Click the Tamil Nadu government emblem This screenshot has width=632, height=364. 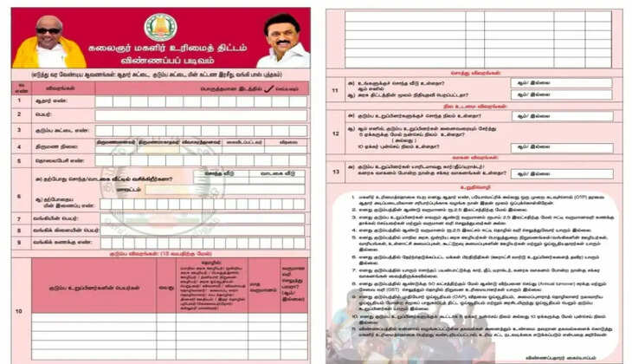coord(159,28)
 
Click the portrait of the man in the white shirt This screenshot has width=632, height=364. coord(282,38)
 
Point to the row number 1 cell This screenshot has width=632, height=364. coord(19,101)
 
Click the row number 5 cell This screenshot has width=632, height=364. coord(19,160)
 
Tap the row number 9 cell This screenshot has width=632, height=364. coord(19,243)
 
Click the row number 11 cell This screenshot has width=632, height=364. coord(335,89)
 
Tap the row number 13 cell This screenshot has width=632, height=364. coord(335,172)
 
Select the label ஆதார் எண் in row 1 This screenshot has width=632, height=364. coord(45,101)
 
